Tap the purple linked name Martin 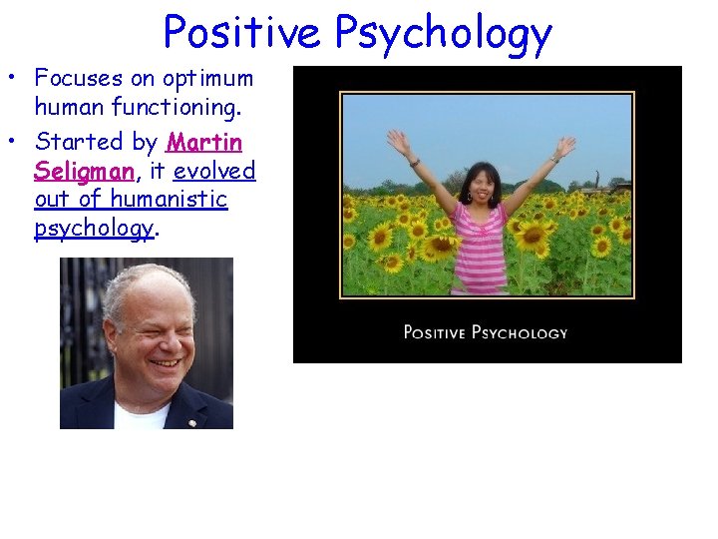tap(205, 142)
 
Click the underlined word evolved tap(214, 171)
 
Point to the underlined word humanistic tap(170, 199)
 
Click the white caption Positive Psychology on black tap(486, 332)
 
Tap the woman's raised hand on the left tap(400, 143)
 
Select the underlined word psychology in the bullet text tap(94, 228)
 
